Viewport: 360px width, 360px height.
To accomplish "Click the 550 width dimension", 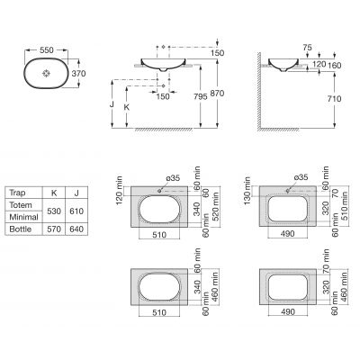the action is (x=47, y=50).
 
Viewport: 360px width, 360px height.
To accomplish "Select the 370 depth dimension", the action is (x=78, y=74).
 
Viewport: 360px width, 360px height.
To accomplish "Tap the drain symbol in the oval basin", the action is (x=47, y=74).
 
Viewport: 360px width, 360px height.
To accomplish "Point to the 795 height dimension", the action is (x=201, y=96).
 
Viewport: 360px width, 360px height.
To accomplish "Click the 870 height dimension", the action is (x=217, y=94).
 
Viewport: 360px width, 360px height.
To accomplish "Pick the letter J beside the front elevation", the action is (x=112, y=104).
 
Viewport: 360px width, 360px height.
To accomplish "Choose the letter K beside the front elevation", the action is (x=127, y=107).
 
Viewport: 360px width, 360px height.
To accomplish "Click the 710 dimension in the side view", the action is (x=334, y=99).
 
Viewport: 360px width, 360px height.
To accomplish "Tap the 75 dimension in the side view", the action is (x=307, y=48).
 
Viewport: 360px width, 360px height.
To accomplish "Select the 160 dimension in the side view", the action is (x=334, y=65).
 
